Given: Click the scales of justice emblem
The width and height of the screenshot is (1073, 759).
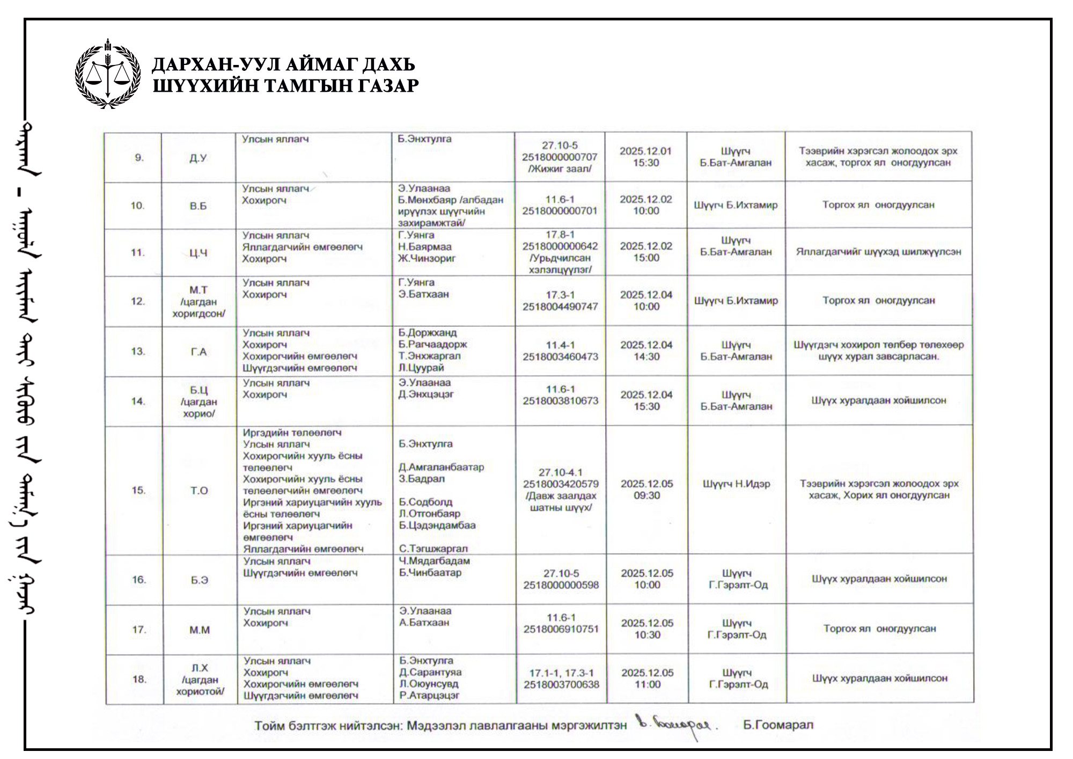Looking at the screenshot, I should tap(108, 74).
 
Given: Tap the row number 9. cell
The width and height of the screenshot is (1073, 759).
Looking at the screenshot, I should tap(139, 158).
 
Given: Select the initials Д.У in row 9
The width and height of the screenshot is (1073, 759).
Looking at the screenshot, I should tap(198, 158).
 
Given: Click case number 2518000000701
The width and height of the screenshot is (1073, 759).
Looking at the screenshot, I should tap(560, 211).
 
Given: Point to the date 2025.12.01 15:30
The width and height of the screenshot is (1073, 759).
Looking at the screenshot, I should tap(645, 157).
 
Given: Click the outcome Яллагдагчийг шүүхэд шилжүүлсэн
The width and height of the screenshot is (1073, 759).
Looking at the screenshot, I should tap(878, 252).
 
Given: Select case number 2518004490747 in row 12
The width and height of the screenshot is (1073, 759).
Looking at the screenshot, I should tap(560, 306).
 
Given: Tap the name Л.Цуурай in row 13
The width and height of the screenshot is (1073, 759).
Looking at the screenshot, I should tap(421, 368).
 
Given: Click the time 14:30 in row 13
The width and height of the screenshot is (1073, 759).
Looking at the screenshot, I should tap(646, 356).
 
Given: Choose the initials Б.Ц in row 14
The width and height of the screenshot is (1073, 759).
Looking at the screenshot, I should tap(199, 390).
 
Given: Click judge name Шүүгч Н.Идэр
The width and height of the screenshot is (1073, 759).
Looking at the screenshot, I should tap(736, 484).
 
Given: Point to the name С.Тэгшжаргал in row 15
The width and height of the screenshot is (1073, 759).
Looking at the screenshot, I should tap(433, 549).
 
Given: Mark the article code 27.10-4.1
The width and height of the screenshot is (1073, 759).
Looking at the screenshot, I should tap(561, 472).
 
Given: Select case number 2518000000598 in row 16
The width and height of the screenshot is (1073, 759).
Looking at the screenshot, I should tap(561, 585).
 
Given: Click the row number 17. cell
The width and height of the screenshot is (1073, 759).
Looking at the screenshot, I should tap(139, 630).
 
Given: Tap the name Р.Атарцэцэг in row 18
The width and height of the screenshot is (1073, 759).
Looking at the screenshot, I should tap(429, 696).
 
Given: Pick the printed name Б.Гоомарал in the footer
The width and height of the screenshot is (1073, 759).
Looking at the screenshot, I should tap(778, 725).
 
